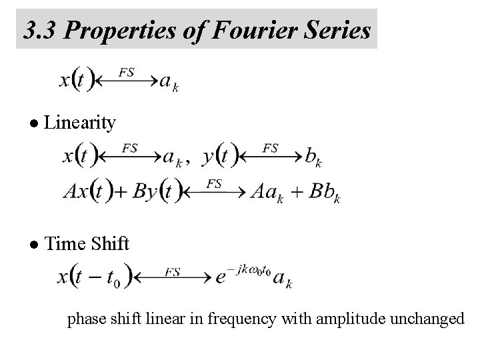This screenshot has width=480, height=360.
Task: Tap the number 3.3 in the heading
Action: pos(39,30)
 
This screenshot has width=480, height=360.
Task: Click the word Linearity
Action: pos(83,123)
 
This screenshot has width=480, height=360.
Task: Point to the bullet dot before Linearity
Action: pos(35,123)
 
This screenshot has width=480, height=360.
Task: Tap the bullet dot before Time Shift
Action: pos(35,245)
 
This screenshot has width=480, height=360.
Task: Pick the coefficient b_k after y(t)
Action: pos(313,157)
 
